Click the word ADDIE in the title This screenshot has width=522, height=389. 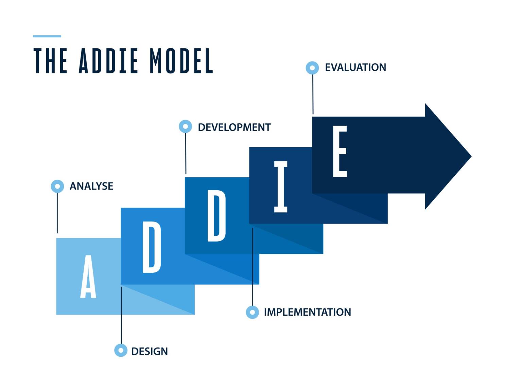click(108, 61)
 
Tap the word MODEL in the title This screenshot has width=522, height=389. click(181, 61)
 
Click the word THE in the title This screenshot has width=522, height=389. click(50, 61)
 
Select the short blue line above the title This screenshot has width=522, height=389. click(47, 36)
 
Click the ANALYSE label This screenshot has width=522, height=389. click(91, 186)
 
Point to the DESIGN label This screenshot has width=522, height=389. click(150, 351)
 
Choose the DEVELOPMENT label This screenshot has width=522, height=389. click(234, 127)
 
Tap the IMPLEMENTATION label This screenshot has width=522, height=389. click(307, 312)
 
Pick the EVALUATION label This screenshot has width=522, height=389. click(355, 67)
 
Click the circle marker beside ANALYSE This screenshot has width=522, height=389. click(57, 186)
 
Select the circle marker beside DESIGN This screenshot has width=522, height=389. click(121, 350)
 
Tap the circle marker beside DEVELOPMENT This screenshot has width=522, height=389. click(185, 126)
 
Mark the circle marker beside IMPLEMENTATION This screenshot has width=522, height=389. click(252, 312)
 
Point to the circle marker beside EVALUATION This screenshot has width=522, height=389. click(312, 68)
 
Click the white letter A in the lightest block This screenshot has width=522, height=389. click(88, 277)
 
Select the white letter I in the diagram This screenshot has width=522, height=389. click(281, 187)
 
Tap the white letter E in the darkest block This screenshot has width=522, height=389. click(340, 152)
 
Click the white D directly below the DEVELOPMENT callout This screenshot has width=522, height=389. click(216, 216)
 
